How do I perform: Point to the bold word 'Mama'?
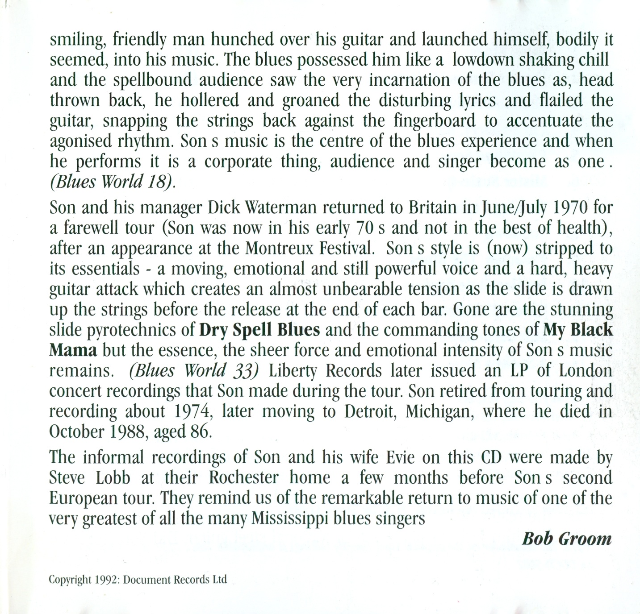[73, 350]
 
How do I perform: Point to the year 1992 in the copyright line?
[106, 580]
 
